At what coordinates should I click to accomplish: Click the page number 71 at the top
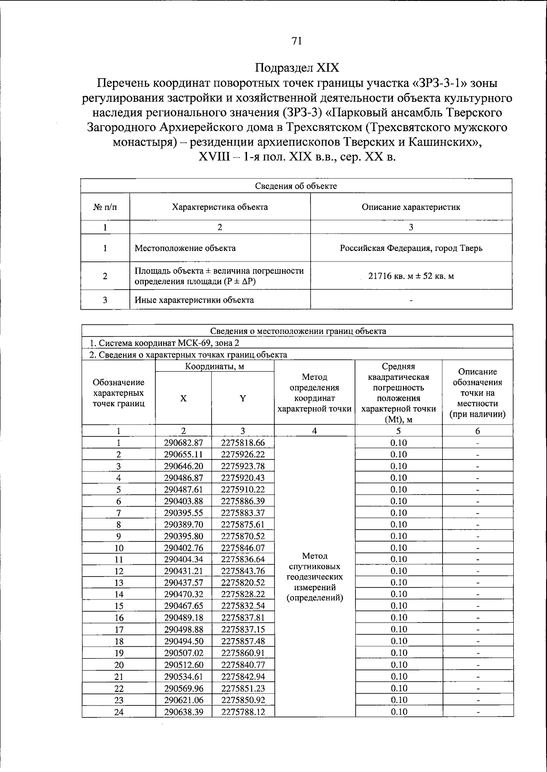[296, 41]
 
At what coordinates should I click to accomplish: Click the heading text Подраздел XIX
[297, 68]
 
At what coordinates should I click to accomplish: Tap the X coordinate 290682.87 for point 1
[183, 443]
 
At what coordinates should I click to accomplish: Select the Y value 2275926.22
[243, 455]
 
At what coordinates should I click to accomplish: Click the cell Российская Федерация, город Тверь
[411, 248]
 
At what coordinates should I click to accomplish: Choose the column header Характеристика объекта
[220, 207]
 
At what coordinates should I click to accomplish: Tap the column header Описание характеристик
[411, 207]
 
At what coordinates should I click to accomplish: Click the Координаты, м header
[215, 367]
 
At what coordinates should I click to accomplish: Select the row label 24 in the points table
[119, 712]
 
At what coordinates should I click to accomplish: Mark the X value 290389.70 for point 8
[183, 524]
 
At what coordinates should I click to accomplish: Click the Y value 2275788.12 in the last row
[243, 712]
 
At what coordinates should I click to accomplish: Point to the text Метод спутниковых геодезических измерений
[315, 577]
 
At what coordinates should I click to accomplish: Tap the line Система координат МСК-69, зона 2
[164, 343]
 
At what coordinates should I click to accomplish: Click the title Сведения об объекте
[296, 186]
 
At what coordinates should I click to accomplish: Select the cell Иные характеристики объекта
[194, 300]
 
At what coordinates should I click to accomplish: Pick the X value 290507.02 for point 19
[183, 653]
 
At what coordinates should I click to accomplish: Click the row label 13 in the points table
[119, 583]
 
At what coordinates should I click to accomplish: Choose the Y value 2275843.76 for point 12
[243, 571]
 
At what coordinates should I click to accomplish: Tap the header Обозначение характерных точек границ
[119, 393]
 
